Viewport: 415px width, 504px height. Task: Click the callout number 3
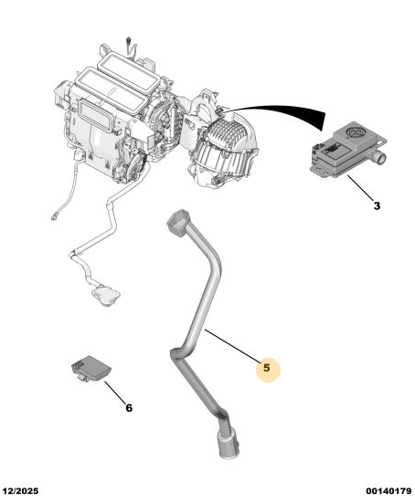tap(377, 205)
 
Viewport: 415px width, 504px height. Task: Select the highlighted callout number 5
tap(267, 367)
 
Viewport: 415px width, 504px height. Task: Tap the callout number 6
tap(129, 408)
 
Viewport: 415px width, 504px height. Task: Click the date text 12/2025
tap(21, 491)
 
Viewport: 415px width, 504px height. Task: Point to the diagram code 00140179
tap(388, 491)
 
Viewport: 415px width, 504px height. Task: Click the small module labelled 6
tap(90, 368)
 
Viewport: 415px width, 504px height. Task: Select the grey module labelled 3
tap(347, 150)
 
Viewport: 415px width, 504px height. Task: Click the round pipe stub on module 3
tap(380, 158)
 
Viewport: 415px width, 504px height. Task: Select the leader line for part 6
tap(115, 393)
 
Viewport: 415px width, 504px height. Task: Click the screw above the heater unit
tap(129, 41)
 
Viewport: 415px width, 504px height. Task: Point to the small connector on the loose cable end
tap(54, 217)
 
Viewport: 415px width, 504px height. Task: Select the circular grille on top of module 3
tap(356, 132)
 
